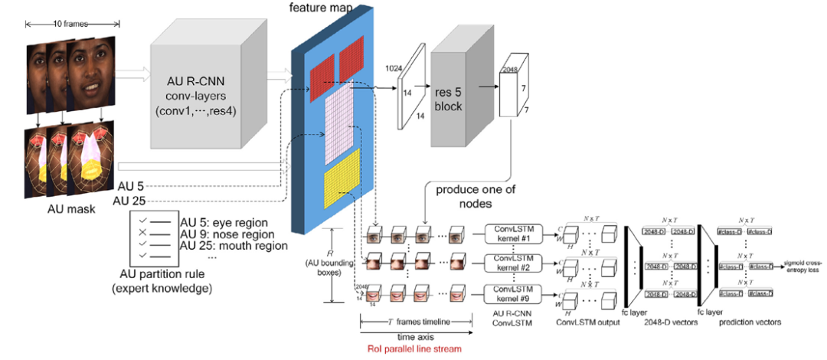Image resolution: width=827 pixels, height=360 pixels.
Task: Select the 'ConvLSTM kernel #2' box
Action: pyautogui.click(x=513, y=263)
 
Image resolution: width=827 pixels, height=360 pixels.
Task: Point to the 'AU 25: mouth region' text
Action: pyautogui.click(x=234, y=247)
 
